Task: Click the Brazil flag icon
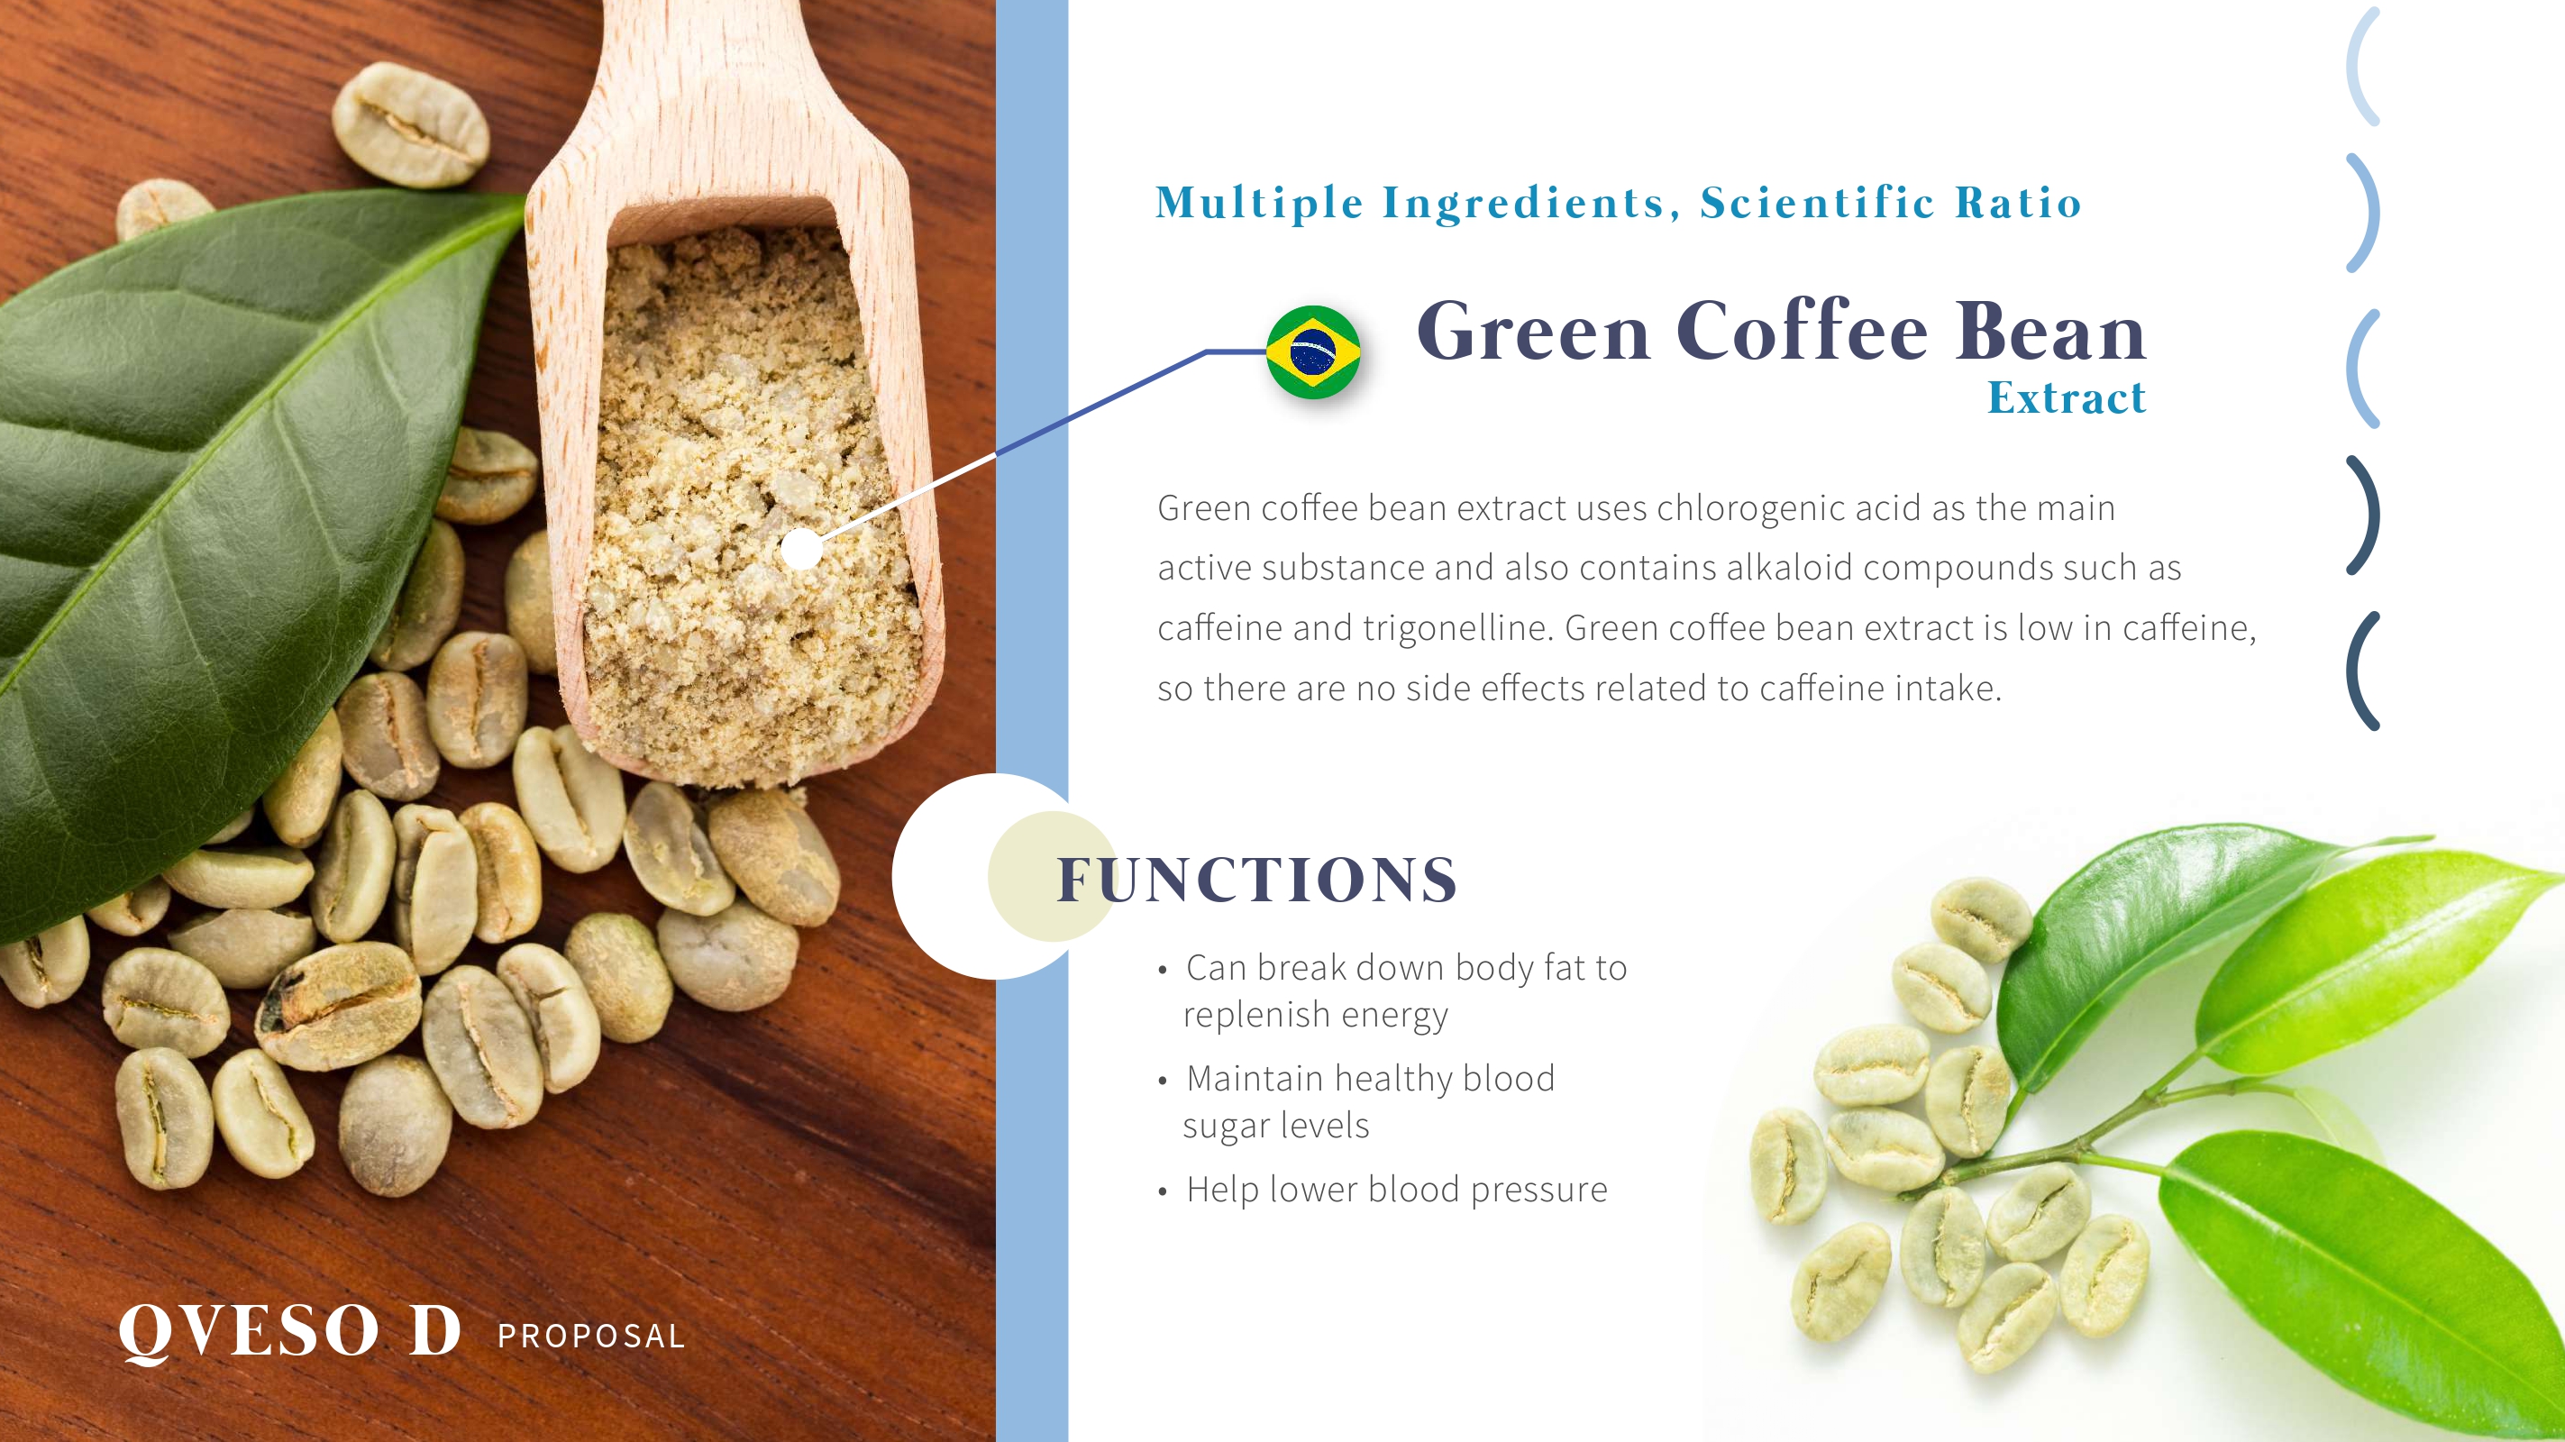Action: click(1313, 351)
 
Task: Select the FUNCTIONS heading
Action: click(1256, 880)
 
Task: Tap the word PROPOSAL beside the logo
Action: click(591, 1336)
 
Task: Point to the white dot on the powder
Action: click(801, 549)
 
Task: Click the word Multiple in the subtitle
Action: click(1258, 203)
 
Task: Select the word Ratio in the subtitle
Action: click(2018, 202)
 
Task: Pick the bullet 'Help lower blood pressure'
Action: click(1396, 1190)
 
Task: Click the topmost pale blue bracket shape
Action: click(2362, 66)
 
